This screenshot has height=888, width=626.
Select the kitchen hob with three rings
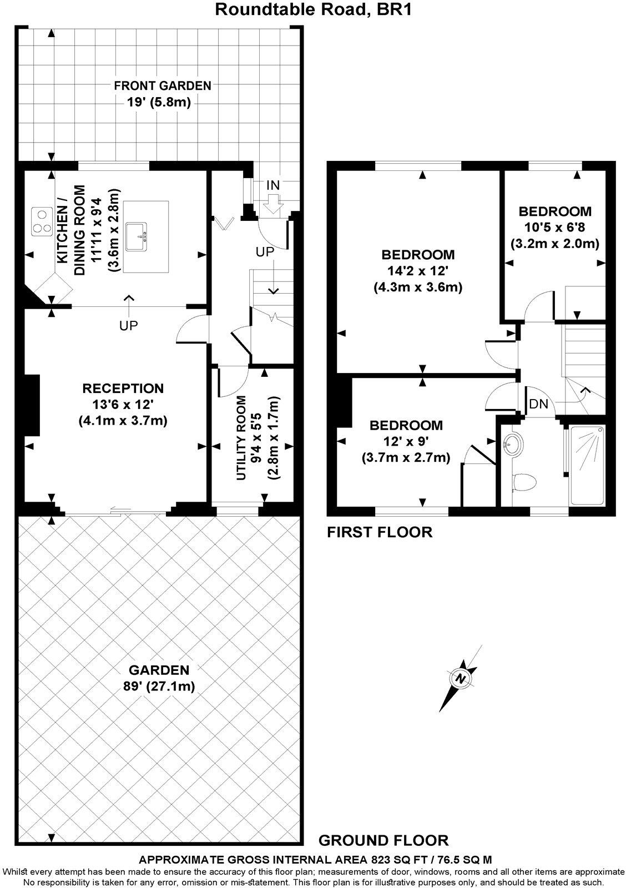[42, 221]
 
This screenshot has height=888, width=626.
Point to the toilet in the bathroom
[524, 483]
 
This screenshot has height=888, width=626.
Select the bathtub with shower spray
[587, 465]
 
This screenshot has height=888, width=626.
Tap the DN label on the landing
[539, 404]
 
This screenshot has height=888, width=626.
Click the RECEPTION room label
[123, 388]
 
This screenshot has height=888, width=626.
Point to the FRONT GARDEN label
[163, 85]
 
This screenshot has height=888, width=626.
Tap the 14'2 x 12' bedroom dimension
[418, 270]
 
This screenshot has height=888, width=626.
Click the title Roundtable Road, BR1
[313, 9]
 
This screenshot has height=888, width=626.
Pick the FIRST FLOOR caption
[380, 532]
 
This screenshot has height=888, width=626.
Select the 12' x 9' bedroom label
[406, 441]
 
